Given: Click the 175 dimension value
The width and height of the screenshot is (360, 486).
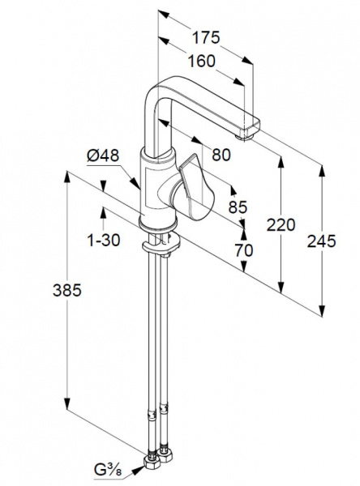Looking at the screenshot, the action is click(x=206, y=37).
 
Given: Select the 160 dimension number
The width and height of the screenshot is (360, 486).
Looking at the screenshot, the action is click(x=202, y=61).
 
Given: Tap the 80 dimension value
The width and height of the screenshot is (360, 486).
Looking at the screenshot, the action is click(x=221, y=155).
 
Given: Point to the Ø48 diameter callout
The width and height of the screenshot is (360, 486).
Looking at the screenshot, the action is click(x=103, y=156).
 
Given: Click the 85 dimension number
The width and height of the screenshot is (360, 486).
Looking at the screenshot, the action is click(x=238, y=207).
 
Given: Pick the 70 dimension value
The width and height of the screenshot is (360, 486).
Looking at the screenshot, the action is click(x=244, y=250).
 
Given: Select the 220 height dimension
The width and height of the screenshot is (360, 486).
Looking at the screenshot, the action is click(x=281, y=224).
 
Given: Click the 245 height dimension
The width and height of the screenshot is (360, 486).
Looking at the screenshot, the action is click(x=322, y=241).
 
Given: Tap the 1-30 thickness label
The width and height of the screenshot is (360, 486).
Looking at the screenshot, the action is click(x=104, y=241).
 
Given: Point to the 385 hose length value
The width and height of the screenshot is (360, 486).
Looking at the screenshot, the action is click(x=67, y=291).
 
